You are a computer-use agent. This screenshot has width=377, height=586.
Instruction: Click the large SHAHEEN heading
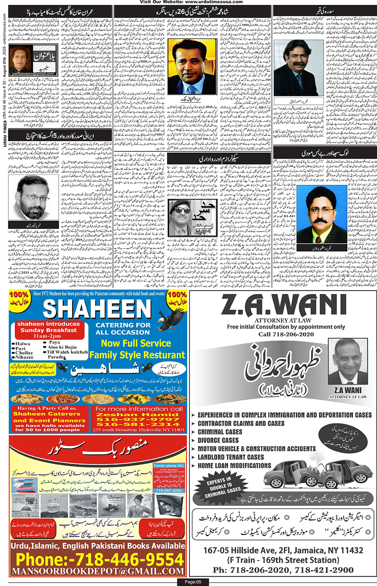97,309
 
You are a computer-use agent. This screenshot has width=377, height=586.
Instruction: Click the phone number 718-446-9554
100,560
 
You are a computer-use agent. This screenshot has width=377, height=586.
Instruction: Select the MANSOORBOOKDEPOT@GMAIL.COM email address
98,571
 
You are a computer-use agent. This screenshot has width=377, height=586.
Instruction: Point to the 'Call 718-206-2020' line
286,334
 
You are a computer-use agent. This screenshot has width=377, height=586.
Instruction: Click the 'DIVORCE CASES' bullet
218,440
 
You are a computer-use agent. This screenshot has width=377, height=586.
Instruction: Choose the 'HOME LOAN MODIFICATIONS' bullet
234,466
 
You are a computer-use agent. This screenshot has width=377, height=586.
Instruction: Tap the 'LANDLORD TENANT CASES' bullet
230,457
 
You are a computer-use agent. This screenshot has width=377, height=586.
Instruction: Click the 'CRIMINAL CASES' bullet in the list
220,432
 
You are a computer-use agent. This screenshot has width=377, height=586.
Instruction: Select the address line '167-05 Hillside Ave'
283,550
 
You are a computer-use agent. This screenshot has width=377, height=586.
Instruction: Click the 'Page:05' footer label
193,582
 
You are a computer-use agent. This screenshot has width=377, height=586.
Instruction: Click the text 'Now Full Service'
136,343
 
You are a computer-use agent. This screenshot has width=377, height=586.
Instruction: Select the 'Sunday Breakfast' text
48,330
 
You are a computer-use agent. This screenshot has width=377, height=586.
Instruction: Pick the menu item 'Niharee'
25,357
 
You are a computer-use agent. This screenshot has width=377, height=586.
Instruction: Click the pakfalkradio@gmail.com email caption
33,74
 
